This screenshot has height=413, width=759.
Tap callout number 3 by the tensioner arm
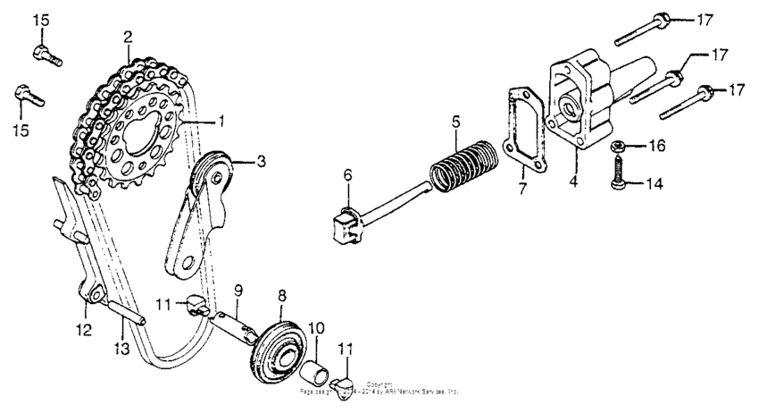[x=261, y=162]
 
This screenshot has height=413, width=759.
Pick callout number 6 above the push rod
[x=348, y=177]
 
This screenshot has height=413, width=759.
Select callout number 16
[x=657, y=144]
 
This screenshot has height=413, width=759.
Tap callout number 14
[x=656, y=184]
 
